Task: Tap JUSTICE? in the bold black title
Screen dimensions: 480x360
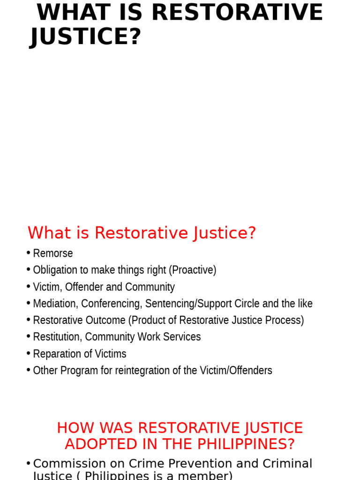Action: coord(85,36)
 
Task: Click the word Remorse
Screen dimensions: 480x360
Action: coord(53,254)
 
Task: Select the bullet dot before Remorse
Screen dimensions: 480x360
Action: coord(29,253)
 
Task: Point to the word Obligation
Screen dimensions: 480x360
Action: coord(53,270)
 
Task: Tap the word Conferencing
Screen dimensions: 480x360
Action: coord(111,304)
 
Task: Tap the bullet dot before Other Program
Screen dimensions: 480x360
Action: coord(29,370)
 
